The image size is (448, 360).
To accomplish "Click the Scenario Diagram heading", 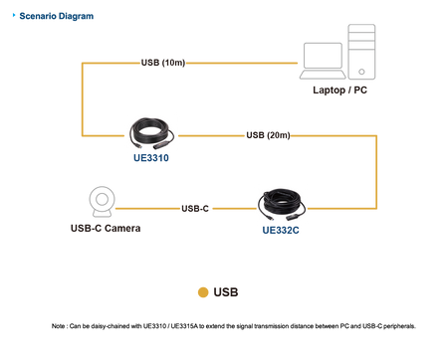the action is tap(57, 16).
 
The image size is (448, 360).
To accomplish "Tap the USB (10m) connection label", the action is tap(163, 63).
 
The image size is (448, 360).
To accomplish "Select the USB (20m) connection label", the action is tap(268, 135).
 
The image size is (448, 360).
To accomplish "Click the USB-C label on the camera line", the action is tap(195, 209).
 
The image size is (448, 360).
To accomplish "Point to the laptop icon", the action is tap(323, 61).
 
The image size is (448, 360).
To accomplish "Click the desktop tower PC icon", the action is tap(361, 52).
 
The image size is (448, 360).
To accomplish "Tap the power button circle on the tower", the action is tap(361, 72).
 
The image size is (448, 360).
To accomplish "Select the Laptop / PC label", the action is tap(339, 90).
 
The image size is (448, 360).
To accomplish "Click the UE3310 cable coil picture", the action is tap(151, 133).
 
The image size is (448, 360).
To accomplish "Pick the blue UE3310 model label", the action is tap(151, 158).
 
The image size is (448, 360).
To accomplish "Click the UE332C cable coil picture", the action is tap(282, 205).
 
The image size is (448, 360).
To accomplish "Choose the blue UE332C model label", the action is tap(281, 230).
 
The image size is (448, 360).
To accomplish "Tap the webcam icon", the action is tap(103, 202).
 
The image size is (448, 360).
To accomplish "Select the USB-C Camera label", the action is tap(106, 228).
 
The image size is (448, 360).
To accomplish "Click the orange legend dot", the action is tap(203, 292).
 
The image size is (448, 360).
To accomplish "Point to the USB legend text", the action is tap(226, 292).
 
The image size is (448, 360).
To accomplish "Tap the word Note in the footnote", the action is tap(58, 326).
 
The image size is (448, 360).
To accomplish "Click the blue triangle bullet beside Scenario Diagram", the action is tap(14, 15).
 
